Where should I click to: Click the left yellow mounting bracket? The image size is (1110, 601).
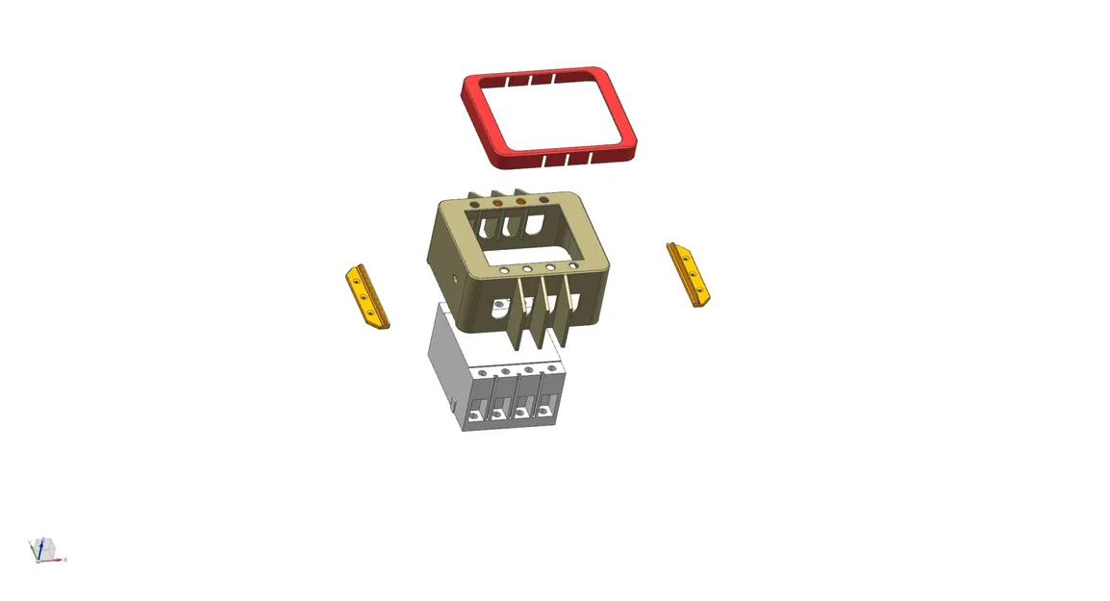coord(366,299)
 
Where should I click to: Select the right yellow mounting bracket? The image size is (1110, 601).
coord(691,274)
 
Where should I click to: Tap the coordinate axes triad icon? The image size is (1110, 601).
coord(44,550)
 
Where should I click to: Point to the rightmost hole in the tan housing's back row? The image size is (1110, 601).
coord(544,199)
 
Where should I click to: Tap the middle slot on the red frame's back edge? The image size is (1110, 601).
coord(529,78)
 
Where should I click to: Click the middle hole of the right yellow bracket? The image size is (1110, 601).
coord(692,274)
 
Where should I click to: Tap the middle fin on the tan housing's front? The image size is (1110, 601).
coord(541,312)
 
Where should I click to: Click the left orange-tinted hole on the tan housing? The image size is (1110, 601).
coord(497,203)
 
